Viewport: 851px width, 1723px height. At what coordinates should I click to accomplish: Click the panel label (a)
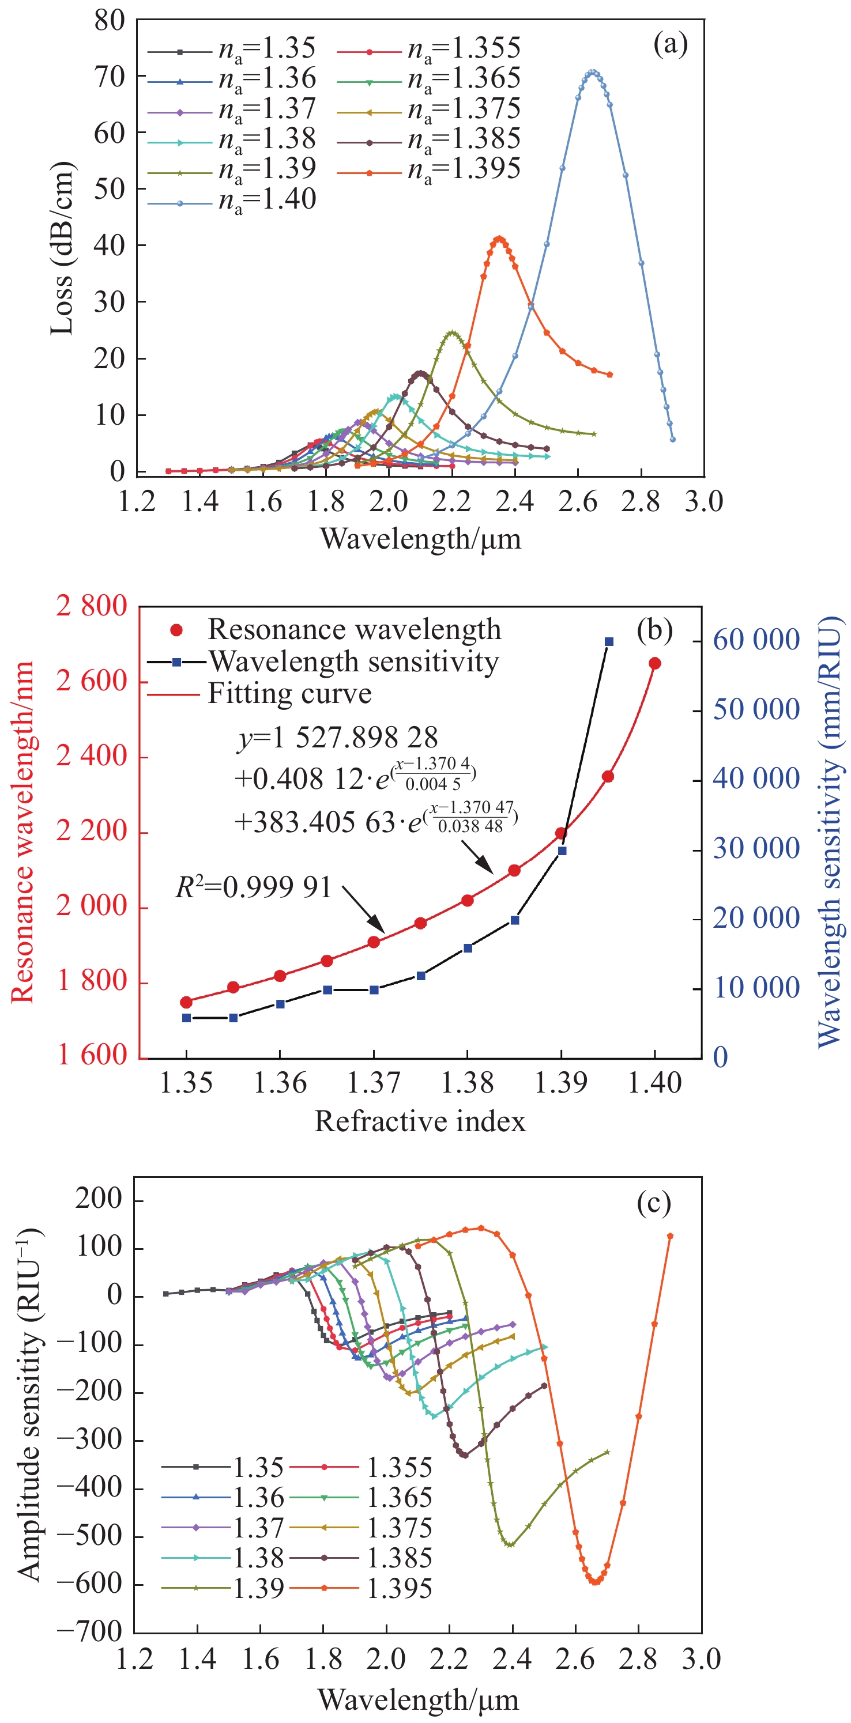670,46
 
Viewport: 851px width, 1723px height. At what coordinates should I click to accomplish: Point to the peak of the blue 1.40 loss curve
592,72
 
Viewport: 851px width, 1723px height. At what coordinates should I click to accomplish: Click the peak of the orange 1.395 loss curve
498,239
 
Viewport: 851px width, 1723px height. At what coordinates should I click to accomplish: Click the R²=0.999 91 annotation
254,887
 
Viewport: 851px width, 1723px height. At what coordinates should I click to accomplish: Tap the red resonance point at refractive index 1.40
654,663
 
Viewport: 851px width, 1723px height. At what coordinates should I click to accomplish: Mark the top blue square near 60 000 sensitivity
609,641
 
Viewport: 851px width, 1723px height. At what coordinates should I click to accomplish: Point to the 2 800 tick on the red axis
92,606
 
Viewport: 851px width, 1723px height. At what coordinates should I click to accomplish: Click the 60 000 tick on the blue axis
756,640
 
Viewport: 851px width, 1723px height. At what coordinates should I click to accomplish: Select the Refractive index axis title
420,1122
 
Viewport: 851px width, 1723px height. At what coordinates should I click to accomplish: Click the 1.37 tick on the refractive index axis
373,1083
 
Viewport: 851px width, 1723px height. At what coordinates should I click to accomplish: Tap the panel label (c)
654,1203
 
